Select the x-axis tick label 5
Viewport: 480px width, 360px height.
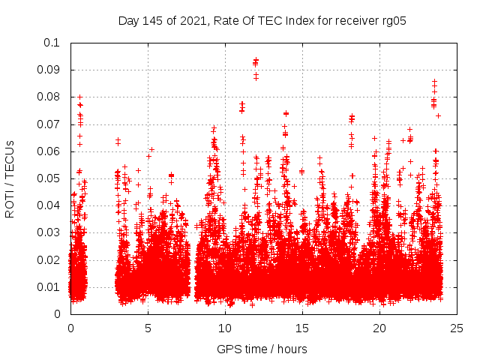point(148,328)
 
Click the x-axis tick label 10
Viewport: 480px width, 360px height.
point(225,328)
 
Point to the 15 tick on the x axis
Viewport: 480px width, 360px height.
point(302,328)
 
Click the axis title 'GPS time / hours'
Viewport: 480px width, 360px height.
point(262,349)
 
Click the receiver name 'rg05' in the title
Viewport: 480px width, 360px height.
point(393,21)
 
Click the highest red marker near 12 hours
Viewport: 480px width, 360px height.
point(256,61)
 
